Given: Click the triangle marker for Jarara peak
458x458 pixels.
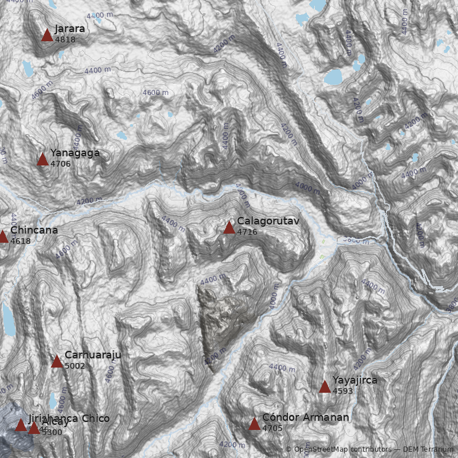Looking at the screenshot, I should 47,35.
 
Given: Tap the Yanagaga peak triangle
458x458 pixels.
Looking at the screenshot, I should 42,159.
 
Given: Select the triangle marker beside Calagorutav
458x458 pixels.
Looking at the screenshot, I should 229,228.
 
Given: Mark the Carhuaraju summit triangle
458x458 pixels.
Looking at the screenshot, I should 57,361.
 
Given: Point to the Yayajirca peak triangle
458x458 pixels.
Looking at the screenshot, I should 325,386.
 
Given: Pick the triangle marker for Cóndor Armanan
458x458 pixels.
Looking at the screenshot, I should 254,424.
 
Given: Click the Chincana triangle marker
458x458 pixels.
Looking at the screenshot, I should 2,236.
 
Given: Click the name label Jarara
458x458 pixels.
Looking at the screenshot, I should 70,29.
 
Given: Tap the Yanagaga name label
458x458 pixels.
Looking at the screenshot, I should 75,153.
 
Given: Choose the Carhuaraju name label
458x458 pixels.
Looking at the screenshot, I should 93,355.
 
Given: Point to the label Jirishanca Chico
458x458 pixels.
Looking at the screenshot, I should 69,418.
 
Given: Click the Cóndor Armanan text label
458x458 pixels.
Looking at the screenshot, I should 305,417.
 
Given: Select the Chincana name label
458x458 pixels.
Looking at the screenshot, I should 34,230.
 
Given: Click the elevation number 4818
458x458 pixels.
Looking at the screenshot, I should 65,40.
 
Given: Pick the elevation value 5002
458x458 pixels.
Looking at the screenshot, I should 75,366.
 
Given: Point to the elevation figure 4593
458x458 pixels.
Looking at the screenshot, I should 343,391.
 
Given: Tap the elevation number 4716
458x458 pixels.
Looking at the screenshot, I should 247,232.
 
